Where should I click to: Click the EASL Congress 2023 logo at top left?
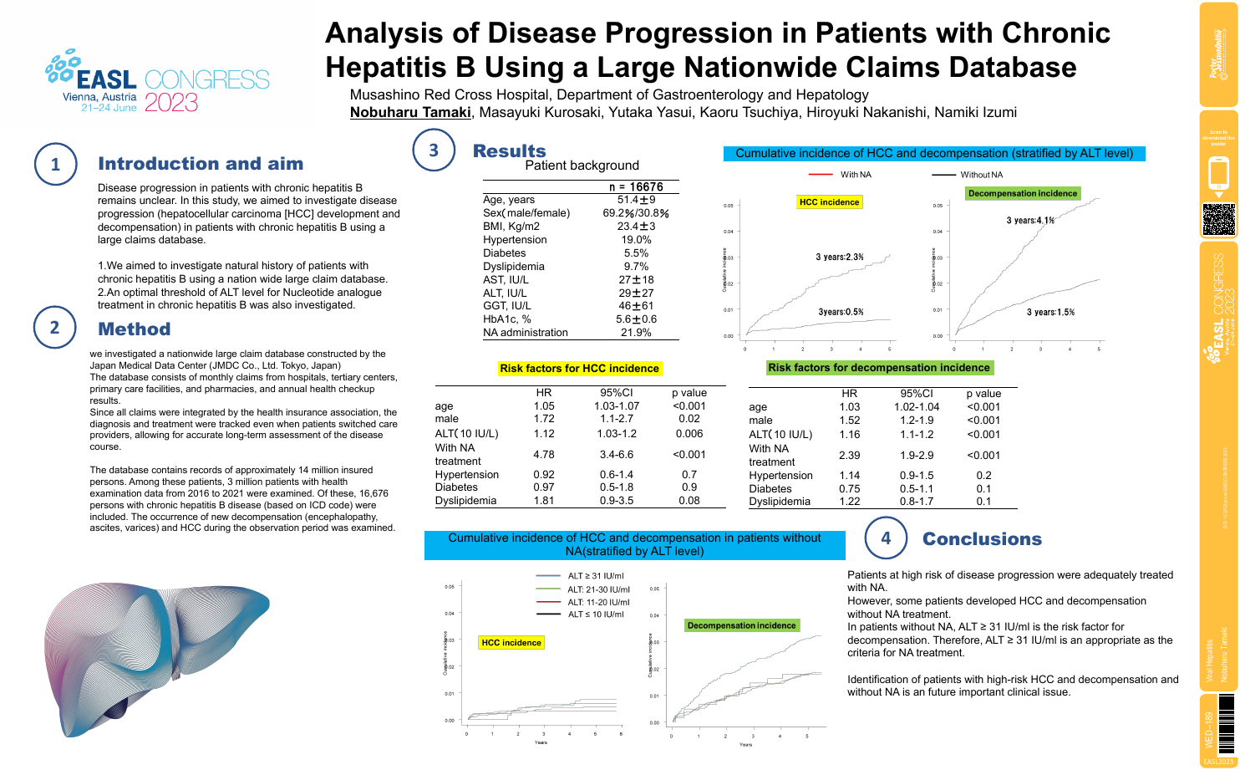(158, 82)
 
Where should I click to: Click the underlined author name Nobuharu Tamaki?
(410, 113)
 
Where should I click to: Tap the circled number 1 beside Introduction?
(56, 164)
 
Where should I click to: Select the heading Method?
(135, 329)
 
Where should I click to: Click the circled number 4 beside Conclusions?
(886, 538)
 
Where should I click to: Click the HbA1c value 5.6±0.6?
(637, 319)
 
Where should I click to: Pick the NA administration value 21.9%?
(637, 333)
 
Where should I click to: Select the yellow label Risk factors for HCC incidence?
(579, 369)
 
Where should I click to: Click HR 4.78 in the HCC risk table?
(544, 455)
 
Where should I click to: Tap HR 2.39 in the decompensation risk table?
(850, 456)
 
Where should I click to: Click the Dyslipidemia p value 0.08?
(689, 501)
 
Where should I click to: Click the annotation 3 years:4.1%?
(1030, 221)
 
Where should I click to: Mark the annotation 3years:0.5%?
(841, 312)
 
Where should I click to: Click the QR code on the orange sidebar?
(1219, 219)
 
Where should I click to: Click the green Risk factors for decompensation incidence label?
(879, 368)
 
